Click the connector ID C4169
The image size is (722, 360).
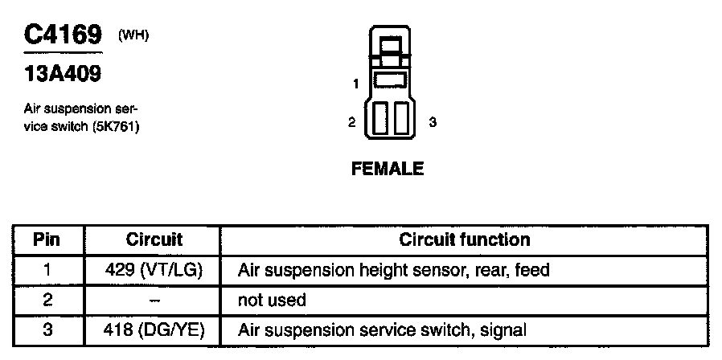click(x=63, y=35)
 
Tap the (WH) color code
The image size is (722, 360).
click(x=133, y=35)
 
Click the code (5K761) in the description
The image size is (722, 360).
click(x=114, y=126)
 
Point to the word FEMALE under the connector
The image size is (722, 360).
click(x=387, y=169)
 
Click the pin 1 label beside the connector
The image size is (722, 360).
click(x=355, y=83)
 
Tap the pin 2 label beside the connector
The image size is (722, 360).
click(x=351, y=122)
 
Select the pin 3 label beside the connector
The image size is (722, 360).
click(x=433, y=122)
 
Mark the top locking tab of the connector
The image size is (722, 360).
click(x=392, y=46)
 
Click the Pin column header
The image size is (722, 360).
click(x=47, y=239)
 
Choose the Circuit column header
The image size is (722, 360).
click(x=154, y=239)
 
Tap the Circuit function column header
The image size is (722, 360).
click(x=465, y=239)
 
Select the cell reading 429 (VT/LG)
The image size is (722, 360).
click(x=154, y=270)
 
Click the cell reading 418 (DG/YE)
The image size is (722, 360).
click(x=154, y=329)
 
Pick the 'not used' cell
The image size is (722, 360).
click(x=272, y=300)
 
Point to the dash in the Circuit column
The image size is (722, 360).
click(x=154, y=300)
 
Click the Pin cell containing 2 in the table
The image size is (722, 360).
click(x=47, y=300)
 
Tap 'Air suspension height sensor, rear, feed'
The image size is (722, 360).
click(x=393, y=270)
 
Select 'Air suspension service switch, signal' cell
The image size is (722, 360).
click(x=382, y=329)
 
